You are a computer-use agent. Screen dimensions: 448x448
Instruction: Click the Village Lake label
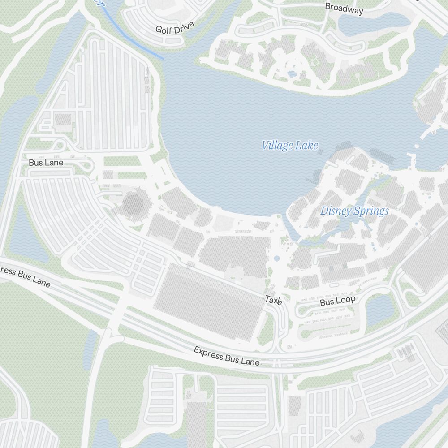coord(290,145)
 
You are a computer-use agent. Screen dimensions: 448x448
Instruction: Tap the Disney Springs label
coord(354,211)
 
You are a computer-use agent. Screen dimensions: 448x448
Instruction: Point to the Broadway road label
coord(344,8)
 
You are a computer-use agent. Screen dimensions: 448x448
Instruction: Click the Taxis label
coord(273,300)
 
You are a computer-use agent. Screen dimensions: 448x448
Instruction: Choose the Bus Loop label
coord(337,301)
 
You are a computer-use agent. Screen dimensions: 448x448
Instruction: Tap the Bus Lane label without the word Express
coord(46,163)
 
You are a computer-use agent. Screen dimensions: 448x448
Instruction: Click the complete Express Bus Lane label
coord(226,356)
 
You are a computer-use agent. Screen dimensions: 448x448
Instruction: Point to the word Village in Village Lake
coord(277,145)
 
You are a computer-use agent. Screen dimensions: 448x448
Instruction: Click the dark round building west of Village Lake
coord(134,204)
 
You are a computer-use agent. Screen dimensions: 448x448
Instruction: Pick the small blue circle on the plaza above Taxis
coord(276,258)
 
